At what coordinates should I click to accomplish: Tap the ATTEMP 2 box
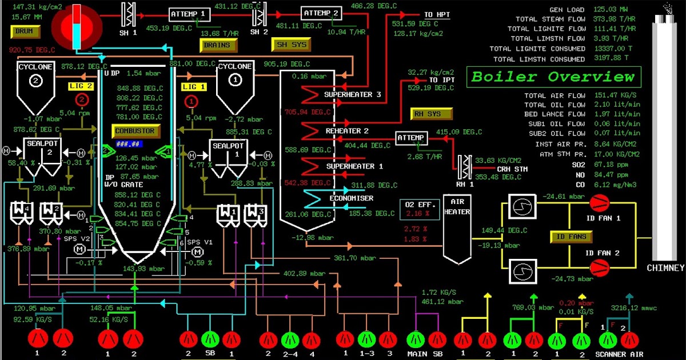tap(321, 13)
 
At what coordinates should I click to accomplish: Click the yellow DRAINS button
tap(217, 45)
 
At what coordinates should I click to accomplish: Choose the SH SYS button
tap(292, 45)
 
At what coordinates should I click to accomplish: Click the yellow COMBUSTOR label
tap(134, 131)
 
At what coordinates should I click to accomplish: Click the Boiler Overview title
tap(553, 77)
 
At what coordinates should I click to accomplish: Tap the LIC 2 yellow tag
tap(81, 86)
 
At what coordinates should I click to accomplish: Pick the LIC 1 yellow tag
tap(194, 86)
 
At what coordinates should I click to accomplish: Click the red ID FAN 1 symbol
tap(600, 201)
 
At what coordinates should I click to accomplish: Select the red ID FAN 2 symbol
tap(600, 266)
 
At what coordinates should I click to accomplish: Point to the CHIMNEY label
tap(665, 268)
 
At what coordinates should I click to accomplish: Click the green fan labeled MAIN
tap(417, 339)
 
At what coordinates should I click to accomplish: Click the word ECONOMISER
tap(351, 198)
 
